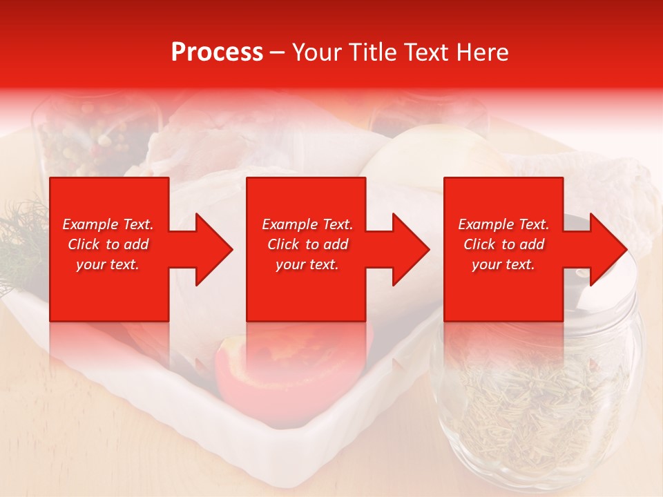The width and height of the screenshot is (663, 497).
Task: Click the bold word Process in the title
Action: (x=217, y=52)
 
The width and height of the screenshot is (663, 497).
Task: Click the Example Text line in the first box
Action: (x=108, y=224)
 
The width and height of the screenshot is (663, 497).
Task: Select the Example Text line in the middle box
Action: (x=307, y=224)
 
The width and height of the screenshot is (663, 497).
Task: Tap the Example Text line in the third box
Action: (x=503, y=224)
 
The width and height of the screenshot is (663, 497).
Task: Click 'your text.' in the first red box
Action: (x=108, y=264)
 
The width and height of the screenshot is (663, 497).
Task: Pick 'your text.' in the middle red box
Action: (x=307, y=264)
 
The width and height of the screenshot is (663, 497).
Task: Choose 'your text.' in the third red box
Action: (x=503, y=264)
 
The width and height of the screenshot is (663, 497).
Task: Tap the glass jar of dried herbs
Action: (x=535, y=400)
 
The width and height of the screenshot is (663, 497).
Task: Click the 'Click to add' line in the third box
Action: (x=503, y=244)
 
